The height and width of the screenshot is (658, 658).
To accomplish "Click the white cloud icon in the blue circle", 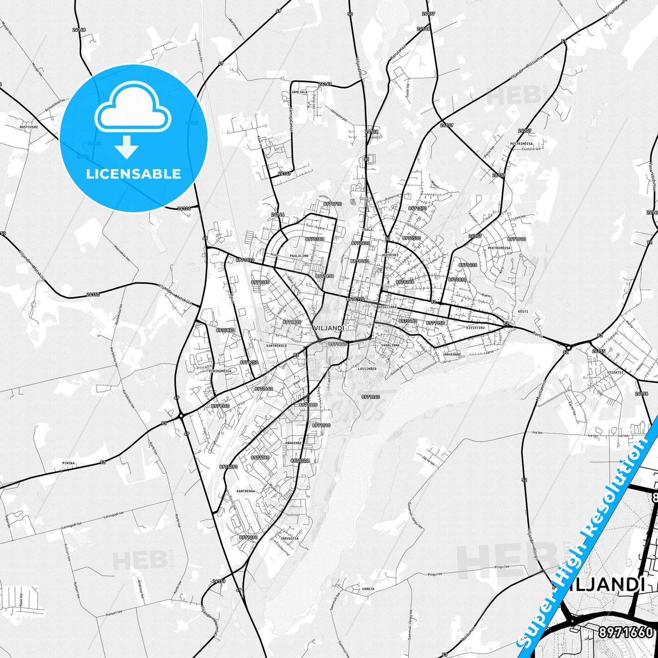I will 133,108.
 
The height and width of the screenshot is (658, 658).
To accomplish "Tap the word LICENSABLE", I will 133,173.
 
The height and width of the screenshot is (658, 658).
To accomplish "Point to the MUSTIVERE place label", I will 29,127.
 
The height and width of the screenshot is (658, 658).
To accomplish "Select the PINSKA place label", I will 68,463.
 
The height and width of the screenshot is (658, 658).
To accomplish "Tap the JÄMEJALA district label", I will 299,92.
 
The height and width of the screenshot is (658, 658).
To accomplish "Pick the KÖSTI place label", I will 523,311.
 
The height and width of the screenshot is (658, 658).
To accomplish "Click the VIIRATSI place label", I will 615,372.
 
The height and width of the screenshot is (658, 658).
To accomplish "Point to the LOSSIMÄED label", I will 367,368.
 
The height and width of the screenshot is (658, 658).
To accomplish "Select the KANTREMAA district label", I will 246,491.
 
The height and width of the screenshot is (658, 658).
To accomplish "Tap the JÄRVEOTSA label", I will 290,538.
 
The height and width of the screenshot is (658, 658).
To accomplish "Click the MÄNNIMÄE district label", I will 293,443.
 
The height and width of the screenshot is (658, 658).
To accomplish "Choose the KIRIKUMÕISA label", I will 220,371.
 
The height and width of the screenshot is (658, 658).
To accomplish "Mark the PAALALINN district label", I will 299,256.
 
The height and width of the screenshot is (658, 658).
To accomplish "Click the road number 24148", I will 79,30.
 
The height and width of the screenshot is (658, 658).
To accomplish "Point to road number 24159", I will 219,581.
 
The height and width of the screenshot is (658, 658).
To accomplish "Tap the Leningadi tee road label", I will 114,515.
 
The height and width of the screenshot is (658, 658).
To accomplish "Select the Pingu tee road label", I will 501,567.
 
